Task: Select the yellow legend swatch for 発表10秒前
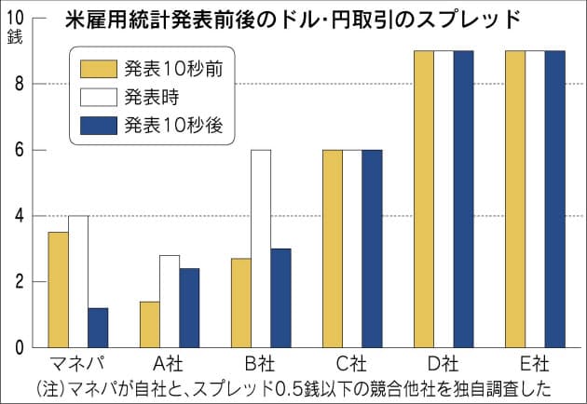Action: pos(96,68)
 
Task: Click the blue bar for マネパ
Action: pos(98,328)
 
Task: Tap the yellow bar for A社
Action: pos(148,325)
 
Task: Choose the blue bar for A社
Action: pos(188,308)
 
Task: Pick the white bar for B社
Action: pos(261,249)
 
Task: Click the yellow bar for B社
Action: pos(241,303)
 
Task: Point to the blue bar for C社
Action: pos(372,249)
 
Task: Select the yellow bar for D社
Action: pos(424,199)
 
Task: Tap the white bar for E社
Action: pos(536,199)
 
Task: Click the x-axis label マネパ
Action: pos(77,363)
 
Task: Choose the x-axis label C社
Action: pos(352,363)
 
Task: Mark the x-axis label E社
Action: pos(535,363)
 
